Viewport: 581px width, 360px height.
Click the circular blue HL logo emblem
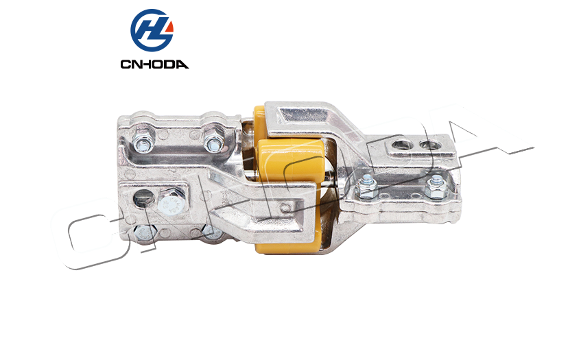[152, 30]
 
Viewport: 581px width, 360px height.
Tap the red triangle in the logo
[169, 27]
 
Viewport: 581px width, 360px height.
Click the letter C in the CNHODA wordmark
[126, 64]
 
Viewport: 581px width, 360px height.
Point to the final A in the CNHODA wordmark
[182, 64]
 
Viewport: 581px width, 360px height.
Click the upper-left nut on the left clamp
[144, 142]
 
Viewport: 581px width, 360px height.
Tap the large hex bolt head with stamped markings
[171, 202]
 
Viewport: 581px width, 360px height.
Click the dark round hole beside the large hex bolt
[143, 198]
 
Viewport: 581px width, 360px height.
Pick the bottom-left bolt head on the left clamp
[144, 233]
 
